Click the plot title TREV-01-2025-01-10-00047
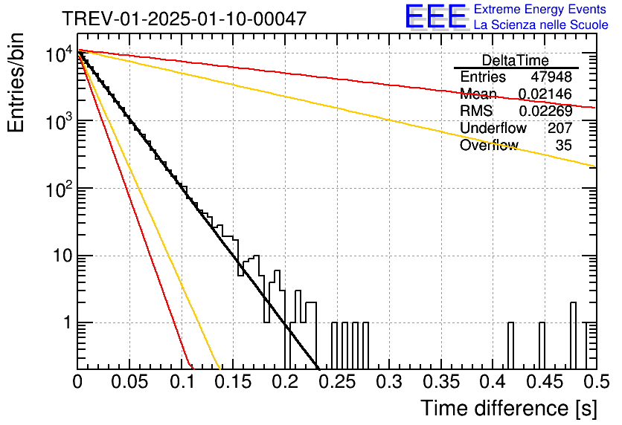pyautogui.click(x=185, y=19)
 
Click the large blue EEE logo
pyautogui.click(x=435, y=16)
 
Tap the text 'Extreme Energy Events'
pyautogui.click(x=540, y=9)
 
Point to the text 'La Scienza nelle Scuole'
pyautogui.click(x=541, y=25)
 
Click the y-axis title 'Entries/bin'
pyautogui.click(x=16, y=82)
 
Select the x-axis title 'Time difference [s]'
pyautogui.click(x=509, y=409)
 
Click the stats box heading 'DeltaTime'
pyautogui.click(x=516, y=60)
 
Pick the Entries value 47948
pyautogui.click(x=551, y=77)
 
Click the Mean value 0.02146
pyautogui.click(x=545, y=94)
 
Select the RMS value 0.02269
pyautogui.click(x=545, y=111)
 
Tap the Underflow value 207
pyautogui.click(x=560, y=128)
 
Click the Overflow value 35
pyautogui.click(x=564, y=145)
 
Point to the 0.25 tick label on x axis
pyautogui.click(x=339, y=382)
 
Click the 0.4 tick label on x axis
pyautogui.click(x=493, y=382)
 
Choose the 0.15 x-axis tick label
pyautogui.click(x=234, y=382)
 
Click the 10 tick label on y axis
pyautogui.click(x=62, y=256)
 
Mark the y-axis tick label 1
pyautogui.click(x=67, y=322)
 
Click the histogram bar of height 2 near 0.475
pyautogui.click(x=573, y=336)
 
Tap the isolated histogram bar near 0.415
pyautogui.click(x=510, y=345)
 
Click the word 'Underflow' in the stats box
pyautogui.click(x=493, y=128)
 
